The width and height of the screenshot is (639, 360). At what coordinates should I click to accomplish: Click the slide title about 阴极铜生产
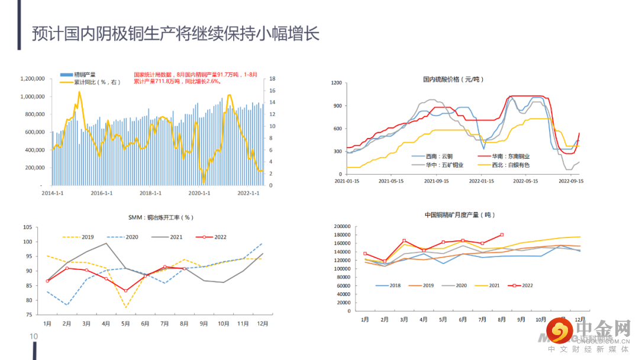tap(175, 34)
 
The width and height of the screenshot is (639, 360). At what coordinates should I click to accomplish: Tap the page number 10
tap(34, 337)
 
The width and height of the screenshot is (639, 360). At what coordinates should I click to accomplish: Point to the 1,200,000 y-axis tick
tap(33, 79)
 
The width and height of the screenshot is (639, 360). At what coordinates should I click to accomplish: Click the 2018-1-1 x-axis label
tap(150, 193)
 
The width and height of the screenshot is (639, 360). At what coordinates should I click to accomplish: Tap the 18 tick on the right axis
tap(272, 79)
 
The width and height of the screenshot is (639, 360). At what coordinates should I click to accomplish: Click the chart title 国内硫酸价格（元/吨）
tap(454, 79)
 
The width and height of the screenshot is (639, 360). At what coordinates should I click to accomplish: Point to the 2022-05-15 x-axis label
tap(525, 181)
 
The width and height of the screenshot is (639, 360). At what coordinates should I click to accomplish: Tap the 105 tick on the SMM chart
tap(28, 227)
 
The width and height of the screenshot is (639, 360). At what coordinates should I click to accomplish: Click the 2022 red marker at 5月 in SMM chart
tap(125, 291)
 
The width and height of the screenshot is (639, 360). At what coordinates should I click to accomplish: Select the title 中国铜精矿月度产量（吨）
tap(460, 215)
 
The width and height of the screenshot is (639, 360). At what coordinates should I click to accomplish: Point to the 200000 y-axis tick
tap(343, 227)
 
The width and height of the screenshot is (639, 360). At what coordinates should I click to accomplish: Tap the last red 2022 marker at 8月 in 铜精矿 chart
tap(502, 235)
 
